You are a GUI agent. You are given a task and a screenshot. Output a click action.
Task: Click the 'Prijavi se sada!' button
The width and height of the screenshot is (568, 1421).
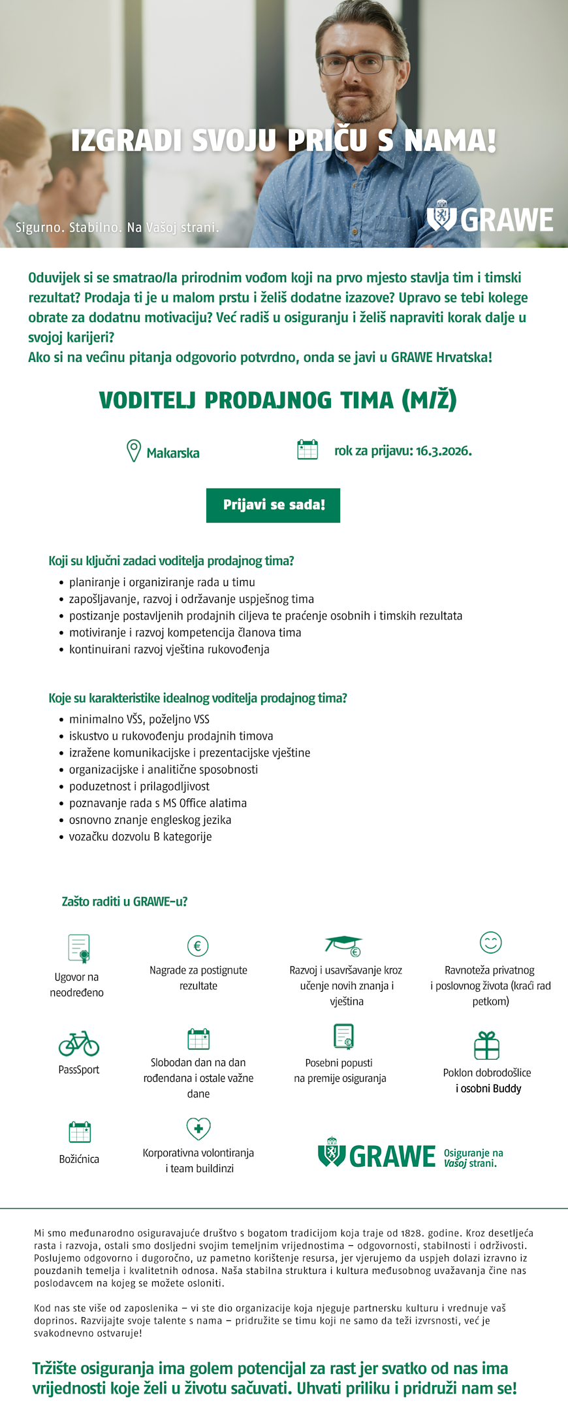[x=273, y=505]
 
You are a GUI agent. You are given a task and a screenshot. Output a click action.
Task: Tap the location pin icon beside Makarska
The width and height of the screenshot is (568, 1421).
[x=133, y=451]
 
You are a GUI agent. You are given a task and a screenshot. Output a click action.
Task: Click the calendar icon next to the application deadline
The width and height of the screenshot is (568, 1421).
[x=308, y=449]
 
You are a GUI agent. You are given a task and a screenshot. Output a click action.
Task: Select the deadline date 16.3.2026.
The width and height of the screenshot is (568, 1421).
[x=443, y=451]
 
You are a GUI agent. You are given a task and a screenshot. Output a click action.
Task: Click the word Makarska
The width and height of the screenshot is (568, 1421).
[x=173, y=453]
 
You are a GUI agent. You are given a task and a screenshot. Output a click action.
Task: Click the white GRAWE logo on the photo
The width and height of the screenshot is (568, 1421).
[x=490, y=219]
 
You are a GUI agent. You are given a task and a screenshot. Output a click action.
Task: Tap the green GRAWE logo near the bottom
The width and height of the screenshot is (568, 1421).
[x=377, y=1156]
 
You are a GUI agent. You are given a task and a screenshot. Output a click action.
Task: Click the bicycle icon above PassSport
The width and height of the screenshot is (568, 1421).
[x=79, y=1043]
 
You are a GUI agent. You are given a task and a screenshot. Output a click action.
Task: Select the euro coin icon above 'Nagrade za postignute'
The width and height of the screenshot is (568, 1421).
[x=198, y=945]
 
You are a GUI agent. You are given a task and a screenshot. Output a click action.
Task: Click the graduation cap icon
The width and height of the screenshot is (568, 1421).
[x=344, y=945]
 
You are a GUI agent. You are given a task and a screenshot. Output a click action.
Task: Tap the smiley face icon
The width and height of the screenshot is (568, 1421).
[x=490, y=942]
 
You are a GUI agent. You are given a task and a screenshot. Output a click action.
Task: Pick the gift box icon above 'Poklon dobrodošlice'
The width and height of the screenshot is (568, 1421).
[x=486, y=1045]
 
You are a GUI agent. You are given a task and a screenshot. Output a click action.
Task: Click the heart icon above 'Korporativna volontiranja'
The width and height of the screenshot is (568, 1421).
[x=198, y=1128]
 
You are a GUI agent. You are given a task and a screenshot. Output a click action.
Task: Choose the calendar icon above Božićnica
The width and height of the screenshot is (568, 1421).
[x=80, y=1131]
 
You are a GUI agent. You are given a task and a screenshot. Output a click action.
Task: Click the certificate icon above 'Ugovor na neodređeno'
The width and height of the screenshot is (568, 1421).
[x=79, y=948]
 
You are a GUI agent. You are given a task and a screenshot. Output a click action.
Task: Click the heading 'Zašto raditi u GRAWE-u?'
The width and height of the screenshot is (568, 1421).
[x=125, y=902]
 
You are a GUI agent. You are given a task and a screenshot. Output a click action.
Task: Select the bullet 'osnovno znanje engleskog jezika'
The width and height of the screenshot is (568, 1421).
[x=150, y=820]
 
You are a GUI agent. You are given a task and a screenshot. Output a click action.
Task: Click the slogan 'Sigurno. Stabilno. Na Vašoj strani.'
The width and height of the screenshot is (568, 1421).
[x=118, y=227]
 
